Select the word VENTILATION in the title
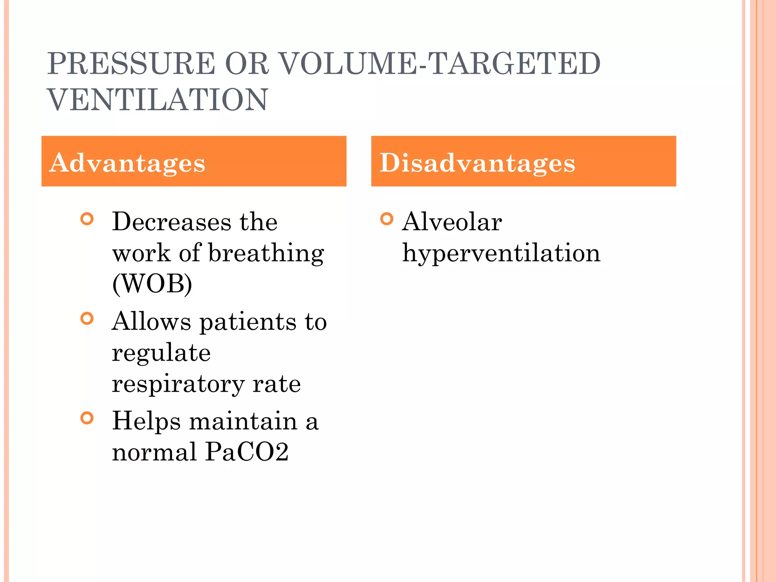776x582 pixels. pos(158,100)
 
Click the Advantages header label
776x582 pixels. pos(127,163)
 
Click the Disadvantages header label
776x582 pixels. pos(477,163)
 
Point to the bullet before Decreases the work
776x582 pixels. pos(87,219)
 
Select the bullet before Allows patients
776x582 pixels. pos(87,319)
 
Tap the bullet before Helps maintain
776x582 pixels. pos(87,418)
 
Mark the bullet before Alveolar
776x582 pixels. pos(386,219)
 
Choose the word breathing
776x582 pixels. pos(266,253)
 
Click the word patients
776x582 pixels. pos(248,322)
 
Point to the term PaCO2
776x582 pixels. pos(247,452)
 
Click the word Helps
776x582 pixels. pos(146,421)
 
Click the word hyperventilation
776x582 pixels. pos(501,254)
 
